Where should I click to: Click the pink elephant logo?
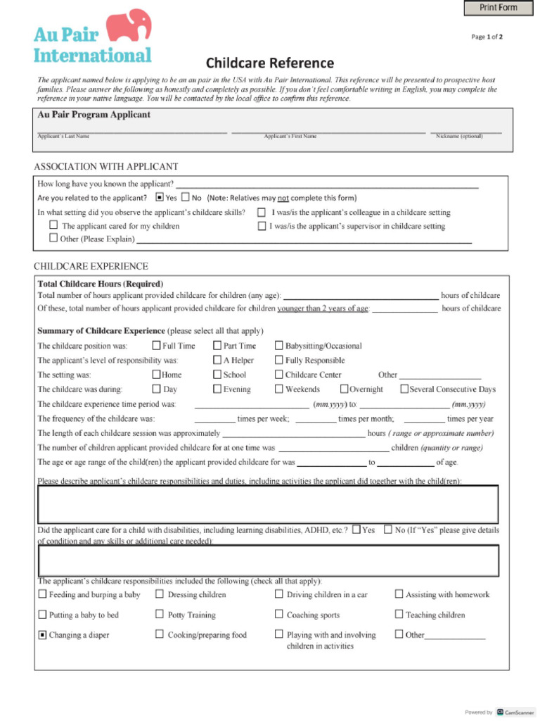(129, 26)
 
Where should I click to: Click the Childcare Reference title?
(270, 63)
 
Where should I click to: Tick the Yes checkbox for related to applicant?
(160, 198)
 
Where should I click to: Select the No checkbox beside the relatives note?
(186, 198)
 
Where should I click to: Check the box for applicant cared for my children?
(53, 225)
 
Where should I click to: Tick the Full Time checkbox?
(156, 346)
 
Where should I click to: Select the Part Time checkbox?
(217, 346)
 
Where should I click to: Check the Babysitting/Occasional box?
(279, 346)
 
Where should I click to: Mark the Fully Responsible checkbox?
(279, 360)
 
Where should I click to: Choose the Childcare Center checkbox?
(279, 375)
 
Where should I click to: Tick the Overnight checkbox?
(345, 389)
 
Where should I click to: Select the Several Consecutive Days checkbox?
(404, 389)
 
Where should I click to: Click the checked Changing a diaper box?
(42, 634)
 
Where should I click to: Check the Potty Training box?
(160, 615)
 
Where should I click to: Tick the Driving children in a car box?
(279, 594)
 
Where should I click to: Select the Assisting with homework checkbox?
(399, 594)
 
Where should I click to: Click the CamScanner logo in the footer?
(510, 712)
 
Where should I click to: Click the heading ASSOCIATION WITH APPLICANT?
(106, 167)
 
